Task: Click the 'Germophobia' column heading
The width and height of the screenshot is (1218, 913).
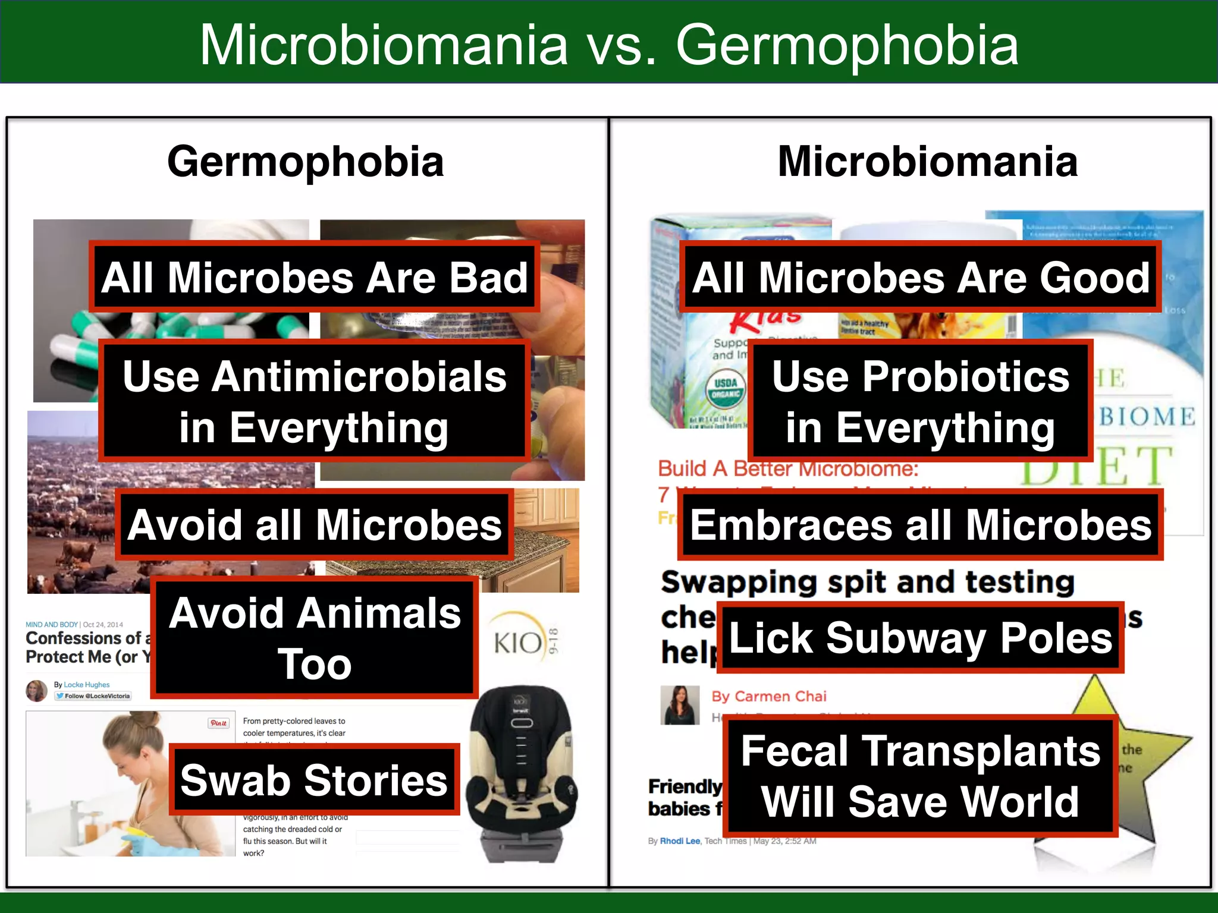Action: pos(305,162)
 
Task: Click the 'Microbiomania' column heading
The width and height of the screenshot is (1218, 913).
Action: pos(927,162)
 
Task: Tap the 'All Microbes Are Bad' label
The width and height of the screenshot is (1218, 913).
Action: pos(314,277)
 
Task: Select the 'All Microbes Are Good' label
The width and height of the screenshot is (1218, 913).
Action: pos(920,277)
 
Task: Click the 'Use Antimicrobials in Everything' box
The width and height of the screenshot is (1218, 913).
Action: pos(314,401)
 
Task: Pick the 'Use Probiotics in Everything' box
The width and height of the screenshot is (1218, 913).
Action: pos(920,401)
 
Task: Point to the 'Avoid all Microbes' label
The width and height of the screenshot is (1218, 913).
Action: pos(314,525)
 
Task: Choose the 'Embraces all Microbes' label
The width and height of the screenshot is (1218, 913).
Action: pos(920,525)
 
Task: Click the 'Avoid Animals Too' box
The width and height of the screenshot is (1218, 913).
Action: pos(314,638)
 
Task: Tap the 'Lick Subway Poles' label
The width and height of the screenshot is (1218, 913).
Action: pos(920,638)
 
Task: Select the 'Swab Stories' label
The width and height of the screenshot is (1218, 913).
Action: pos(314,779)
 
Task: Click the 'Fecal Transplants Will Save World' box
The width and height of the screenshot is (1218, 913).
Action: pos(920,776)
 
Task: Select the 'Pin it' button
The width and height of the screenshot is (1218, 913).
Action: pos(218,723)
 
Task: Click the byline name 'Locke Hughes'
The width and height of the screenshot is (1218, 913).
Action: pos(87,685)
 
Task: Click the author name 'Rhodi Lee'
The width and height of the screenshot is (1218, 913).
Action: pos(680,841)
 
